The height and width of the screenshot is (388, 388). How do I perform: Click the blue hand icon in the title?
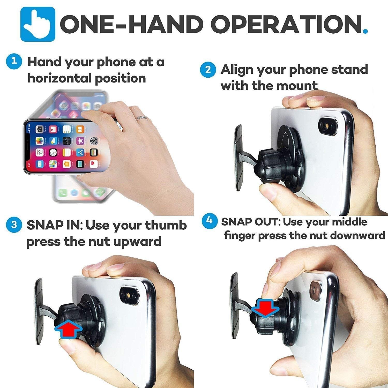pos(38,24)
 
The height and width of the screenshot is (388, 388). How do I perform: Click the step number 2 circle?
pos(208,70)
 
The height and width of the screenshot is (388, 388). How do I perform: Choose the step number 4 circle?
pos(209,221)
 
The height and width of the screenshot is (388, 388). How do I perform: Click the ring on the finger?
pos(142,118)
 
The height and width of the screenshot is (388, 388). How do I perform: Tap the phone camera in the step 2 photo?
pos(329,126)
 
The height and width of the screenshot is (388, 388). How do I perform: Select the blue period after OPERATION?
pos(365,31)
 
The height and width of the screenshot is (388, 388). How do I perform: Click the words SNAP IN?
pos(54,225)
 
